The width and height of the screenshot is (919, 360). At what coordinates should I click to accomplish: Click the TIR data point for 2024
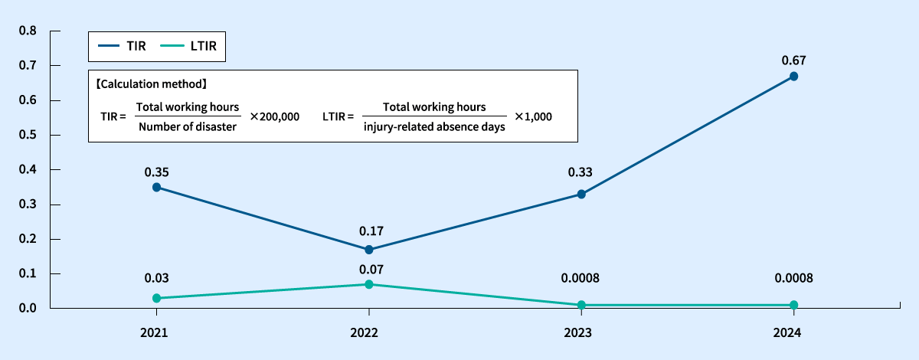794,77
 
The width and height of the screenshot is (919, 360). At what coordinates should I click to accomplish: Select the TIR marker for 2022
369,250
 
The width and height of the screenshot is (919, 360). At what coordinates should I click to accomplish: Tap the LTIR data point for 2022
369,284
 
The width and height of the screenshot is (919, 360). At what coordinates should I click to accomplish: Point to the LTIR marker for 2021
156,298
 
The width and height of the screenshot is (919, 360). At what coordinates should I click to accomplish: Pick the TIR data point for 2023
581,195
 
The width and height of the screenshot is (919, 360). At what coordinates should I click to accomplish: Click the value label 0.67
794,60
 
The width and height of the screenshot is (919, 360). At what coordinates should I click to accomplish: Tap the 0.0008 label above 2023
581,278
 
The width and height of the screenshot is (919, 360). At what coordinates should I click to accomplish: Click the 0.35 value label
156,172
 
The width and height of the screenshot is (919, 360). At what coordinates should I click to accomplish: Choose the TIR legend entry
123,46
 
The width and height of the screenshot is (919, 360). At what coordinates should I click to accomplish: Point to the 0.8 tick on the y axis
28,31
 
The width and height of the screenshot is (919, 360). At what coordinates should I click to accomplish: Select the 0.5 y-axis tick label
28,135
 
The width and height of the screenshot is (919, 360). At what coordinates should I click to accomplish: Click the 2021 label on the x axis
156,333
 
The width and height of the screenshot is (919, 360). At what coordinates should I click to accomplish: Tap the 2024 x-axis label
794,333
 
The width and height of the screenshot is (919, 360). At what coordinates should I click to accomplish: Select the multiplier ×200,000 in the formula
274,117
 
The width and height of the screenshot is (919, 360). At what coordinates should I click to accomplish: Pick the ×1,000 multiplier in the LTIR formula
533,117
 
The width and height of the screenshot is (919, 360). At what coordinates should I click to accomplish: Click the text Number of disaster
188,127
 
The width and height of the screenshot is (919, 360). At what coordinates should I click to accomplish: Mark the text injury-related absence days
434,127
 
